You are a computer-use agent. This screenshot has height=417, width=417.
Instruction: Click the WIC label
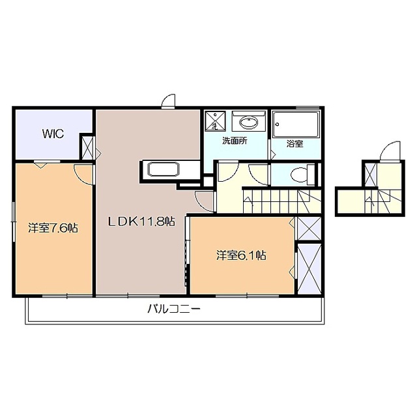pyautogui.click(x=53, y=134)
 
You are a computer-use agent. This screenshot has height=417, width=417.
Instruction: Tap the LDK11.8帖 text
pyautogui.click(x=141, y=221)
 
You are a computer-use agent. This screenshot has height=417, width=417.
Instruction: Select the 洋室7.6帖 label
pyautogui.click(x=53, y=228)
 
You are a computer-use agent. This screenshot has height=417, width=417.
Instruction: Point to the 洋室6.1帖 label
pyautogui.click(x=240, y=255)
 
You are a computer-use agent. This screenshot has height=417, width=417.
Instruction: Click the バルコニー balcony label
pyautogui.click(x=173, y=309)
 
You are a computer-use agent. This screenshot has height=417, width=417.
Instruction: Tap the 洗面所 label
pyautogui.click(x=234, y=141)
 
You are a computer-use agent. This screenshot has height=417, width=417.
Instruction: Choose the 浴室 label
pyautogui.click(x=295, y=143)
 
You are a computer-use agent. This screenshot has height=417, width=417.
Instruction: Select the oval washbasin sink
pyautogui.click(x=248, y=122)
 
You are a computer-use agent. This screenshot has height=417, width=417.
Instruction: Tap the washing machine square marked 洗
pyautogui.click(x=214, y=122)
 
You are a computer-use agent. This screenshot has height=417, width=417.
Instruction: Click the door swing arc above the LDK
pyautogui.click(x=169, y=101)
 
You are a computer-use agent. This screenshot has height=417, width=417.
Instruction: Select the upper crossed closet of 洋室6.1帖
pyautogui.click(x=308, y=229)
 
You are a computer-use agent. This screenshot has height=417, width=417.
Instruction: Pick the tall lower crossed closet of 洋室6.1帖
pyautogui.click(x=308, y=267)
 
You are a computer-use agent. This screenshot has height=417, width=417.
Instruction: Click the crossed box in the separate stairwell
pyautogui.click(x=370, y=174)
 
